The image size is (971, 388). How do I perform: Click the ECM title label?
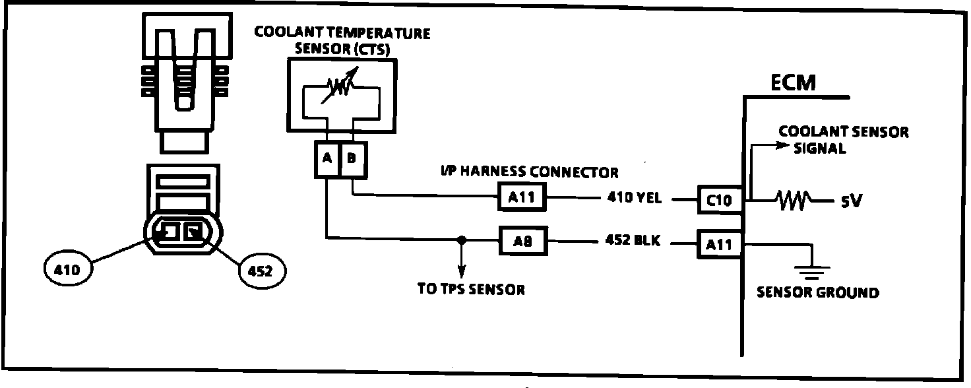pyautogui.click(x=793, y=84)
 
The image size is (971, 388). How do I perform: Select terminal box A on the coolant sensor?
pyautogui.click(x=326, y=160)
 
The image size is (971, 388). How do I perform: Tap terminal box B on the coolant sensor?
pyautogui.click(x=352, y=160)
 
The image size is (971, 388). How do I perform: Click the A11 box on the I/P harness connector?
pyautogui.click(x=522, y=197)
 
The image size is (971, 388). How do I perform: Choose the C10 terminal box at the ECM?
pyautogui.click(x=719, y=199)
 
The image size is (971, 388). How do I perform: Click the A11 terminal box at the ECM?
pyautogui.click(x=719, y=245)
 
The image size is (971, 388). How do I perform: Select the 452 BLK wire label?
pyautogui.click(x=632, y=242)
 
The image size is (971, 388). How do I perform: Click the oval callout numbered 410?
pyautogui.click(x=68, y=270)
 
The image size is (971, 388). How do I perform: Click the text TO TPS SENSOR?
pyautogui.click(x=471, y=289)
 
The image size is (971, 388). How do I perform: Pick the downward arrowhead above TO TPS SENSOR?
pyautogui.click(x=462, y=272)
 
